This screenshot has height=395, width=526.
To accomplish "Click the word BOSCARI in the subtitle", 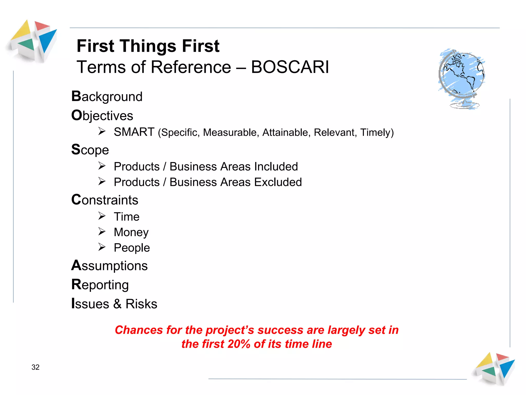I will [x=290, y=67].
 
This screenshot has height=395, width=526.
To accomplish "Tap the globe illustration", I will [x=462, y=77].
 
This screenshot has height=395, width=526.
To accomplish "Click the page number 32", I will [x=35, y=367].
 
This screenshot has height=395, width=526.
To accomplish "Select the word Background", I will [x=107, y=97].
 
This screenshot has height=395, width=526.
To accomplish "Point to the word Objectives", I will [x=102, y=116].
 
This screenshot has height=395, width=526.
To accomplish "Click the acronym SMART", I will [x=134, y=132].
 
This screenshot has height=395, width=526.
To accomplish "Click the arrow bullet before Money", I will [x=102, y=232].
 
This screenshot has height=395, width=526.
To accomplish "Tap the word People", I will [x=132, y=248].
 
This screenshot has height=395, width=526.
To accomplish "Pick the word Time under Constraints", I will [x=127, y=217].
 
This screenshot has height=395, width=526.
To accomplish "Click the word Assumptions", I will [x=109, y=266].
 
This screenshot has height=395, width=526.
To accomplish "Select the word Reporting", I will [x=100, y=285].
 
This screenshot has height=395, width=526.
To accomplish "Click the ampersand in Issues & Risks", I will [x=117, y=304].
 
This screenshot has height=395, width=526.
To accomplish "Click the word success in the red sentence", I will [x=280, y=330].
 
